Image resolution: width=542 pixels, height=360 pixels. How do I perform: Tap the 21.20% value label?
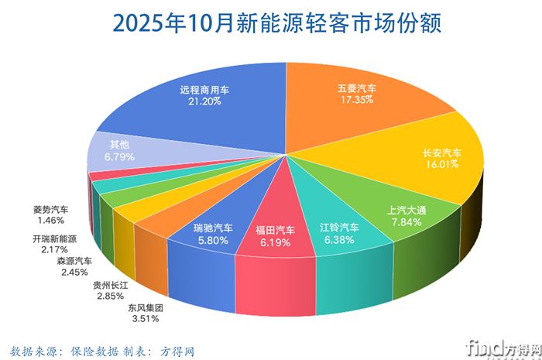point(204,101)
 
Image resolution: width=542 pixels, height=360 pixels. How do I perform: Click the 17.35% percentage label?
point(357,100)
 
